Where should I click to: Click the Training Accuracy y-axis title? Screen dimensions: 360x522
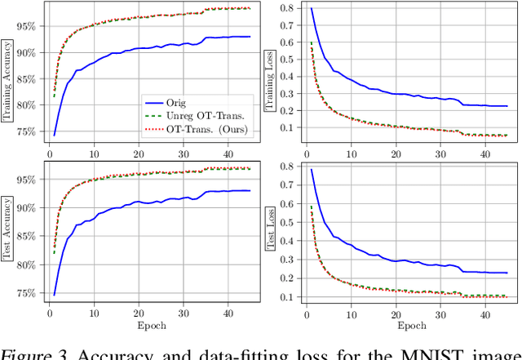(x=8, y=73)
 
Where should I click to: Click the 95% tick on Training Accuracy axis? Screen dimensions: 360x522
(x=27, y=26)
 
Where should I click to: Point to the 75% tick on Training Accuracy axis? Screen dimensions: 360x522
(x=27, y=131)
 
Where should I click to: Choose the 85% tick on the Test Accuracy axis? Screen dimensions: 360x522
(x=27, y=236)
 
